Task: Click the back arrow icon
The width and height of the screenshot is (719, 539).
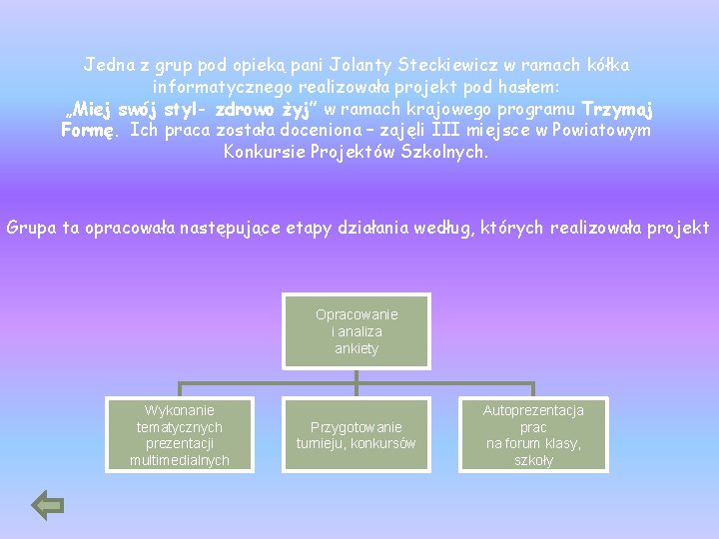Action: point(48,505)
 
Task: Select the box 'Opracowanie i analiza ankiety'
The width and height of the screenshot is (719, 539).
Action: point(357,331)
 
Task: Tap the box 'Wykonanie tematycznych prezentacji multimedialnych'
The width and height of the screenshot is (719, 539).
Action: point(180,435)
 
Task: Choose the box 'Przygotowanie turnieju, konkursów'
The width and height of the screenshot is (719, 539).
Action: point(357,435)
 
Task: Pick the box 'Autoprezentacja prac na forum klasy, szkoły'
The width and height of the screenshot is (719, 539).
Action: point(533,435)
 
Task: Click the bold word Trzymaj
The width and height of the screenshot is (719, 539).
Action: point(617,109)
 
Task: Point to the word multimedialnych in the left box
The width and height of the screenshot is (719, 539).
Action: point(180,460)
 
